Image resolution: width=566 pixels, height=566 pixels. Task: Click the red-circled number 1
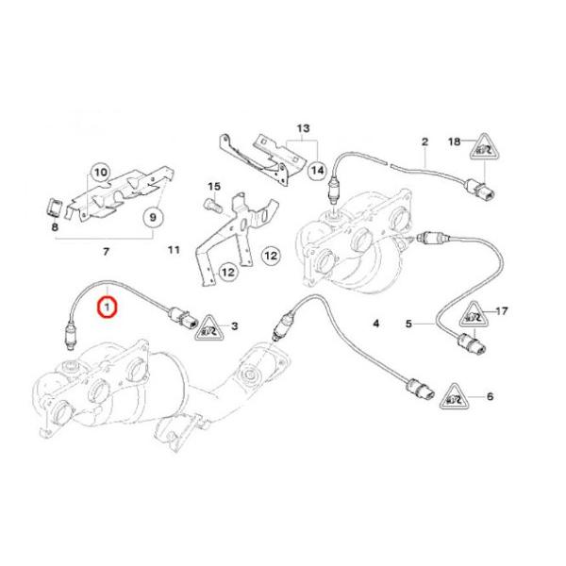click(108, 308)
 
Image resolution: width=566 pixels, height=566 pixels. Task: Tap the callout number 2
click(424, 141)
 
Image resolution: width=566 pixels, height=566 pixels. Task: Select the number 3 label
click(234, 326)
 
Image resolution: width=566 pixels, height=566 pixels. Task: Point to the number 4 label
click(375, 325)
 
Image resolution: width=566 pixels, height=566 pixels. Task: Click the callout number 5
click(409, 325)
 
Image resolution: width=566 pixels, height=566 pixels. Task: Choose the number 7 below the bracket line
click(106, 251)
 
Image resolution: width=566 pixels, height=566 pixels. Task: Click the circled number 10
click(101, 173)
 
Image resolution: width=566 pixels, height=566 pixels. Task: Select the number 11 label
click(173, 250)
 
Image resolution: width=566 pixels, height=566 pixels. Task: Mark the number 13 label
click(303, 126)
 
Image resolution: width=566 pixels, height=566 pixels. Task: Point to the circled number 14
click(316, 170)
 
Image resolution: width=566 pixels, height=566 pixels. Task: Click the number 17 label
click(502, 310)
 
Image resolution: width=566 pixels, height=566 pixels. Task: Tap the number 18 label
click(453, 141)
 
